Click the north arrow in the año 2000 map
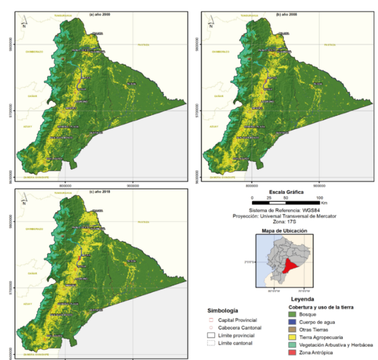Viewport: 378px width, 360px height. pyautogui.click(x=23, y=23)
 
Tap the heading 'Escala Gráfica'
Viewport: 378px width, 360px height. pyautogui.click(x=285, y=191)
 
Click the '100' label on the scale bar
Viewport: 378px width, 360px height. pyautogui.click(x=318, y=197)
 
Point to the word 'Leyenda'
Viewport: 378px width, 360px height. pyautogui.click(x=306, y=299)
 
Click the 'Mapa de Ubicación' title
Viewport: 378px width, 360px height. pyautogui.click(x=284, y=231)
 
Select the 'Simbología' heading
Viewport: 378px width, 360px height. pyautogui.click(x=222, y=311)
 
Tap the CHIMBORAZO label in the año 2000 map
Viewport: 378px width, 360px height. pyautogui.click(x=35, y=52)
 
